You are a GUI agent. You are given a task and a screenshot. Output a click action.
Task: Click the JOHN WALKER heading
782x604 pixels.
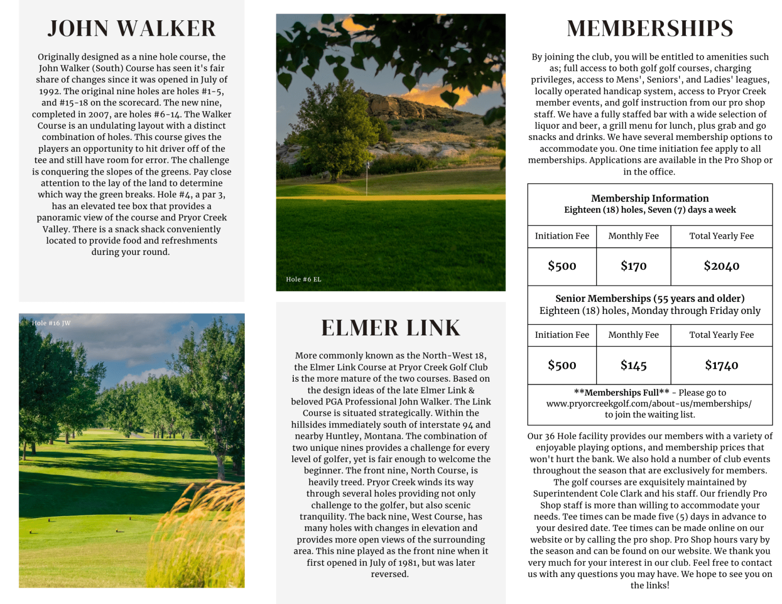(131, 28)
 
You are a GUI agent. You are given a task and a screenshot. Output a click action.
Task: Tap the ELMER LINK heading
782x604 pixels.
(390, 328)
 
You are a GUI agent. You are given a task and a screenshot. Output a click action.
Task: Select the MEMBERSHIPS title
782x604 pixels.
(650, 28)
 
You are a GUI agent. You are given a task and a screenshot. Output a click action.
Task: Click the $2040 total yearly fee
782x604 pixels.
(721, 266)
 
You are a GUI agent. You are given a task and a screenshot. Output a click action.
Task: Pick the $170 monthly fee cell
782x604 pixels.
(633, 266)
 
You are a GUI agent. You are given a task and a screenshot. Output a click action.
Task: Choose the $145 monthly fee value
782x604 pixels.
(633, 365)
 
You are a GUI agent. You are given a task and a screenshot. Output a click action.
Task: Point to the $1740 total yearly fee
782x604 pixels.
(721, 365)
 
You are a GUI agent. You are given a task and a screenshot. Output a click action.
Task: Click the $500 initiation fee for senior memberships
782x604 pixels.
(562, 365)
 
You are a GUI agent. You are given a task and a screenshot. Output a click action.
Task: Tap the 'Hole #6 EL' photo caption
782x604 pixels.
(303, 279)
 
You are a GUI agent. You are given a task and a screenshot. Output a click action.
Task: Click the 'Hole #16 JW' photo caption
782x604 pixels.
(51, 323)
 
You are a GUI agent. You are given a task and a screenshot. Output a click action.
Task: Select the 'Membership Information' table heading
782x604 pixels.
(650, 198)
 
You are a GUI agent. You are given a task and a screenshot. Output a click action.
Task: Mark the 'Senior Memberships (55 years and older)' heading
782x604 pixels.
(650, 299)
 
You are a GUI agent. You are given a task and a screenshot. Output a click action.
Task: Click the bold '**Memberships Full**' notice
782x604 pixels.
(621, 392)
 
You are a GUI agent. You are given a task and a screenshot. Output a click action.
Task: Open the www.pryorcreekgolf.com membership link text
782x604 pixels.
(649, 404)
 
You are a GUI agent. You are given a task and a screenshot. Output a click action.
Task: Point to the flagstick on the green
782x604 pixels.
(367, 176)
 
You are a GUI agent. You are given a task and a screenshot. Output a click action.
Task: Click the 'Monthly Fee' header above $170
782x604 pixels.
(633, 236)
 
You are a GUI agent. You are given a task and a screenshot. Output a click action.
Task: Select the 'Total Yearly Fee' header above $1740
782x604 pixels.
(721, 335)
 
